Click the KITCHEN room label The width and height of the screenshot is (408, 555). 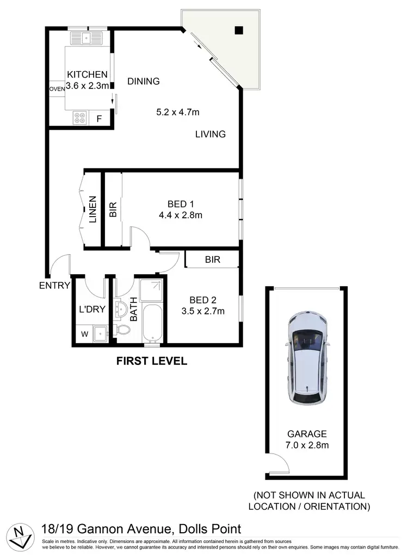pyautogui.click(x=87, y=75)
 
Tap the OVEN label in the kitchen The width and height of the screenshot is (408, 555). pyautogui.click(x=57, y=89)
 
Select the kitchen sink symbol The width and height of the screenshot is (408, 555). pyautogui.click(x=86, y=38)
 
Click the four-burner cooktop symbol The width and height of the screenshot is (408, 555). pyautogui.click(x=79, y=117)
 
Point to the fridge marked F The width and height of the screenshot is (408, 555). pyautogui.click(x=99, y=118)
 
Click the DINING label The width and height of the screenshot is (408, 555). pyautogui.click(x=144, y=81)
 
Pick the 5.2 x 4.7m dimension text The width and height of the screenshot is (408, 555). pyautogui.click(x=178, y=113)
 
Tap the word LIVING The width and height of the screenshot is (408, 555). pyautogui.click(x=211, y=134)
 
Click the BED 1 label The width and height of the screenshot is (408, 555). pyautogui.click(x=181, y=204)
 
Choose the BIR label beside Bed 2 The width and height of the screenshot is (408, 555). pyautogui.click(x=213, y=260)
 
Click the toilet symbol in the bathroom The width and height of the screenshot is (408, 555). pyautogui.click(x=122, y=330)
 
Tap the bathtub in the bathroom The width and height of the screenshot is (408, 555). pyautogui.click(x=153, y=323)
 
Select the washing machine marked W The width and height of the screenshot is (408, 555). pyautogui.click(x=84, y=334)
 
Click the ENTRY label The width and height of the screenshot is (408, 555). pyautogui.click(x=54, y=286)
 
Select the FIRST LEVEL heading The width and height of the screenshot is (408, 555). pyautogui.click(x=152, y=361)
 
